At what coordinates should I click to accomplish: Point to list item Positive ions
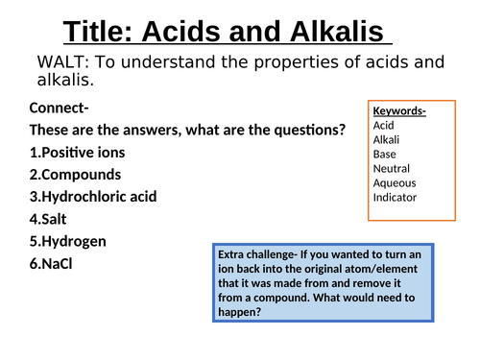[x=78, y=152]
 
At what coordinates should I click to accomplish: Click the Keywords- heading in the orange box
[x=399, y=110]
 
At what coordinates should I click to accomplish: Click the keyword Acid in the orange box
[x=383, y=125]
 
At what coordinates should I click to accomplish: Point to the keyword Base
[x=384, y=154]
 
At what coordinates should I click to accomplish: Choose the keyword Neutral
[x=391, y=169]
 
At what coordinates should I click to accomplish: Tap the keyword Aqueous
[x=394, y=183]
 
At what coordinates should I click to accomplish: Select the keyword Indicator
[x=396, y=198]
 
